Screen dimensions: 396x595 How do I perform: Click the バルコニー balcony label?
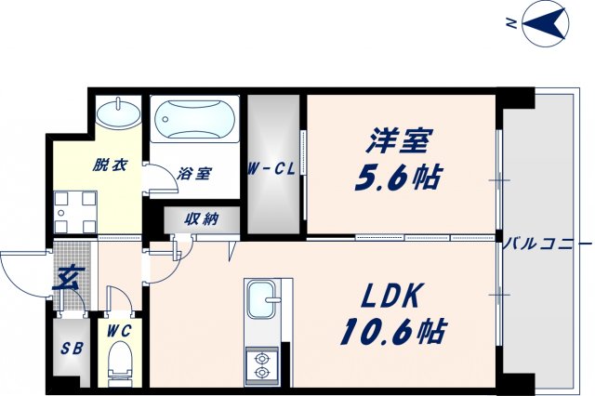(547, 245)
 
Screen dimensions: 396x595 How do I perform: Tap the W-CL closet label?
(271, 170)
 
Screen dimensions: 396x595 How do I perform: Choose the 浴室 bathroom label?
(196, 174)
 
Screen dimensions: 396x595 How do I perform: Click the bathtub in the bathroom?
(194, 120)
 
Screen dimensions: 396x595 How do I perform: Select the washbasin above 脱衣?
(118, 116)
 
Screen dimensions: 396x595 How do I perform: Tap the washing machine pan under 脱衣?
(73, 211)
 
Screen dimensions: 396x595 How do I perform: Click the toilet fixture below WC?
(120, 361)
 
